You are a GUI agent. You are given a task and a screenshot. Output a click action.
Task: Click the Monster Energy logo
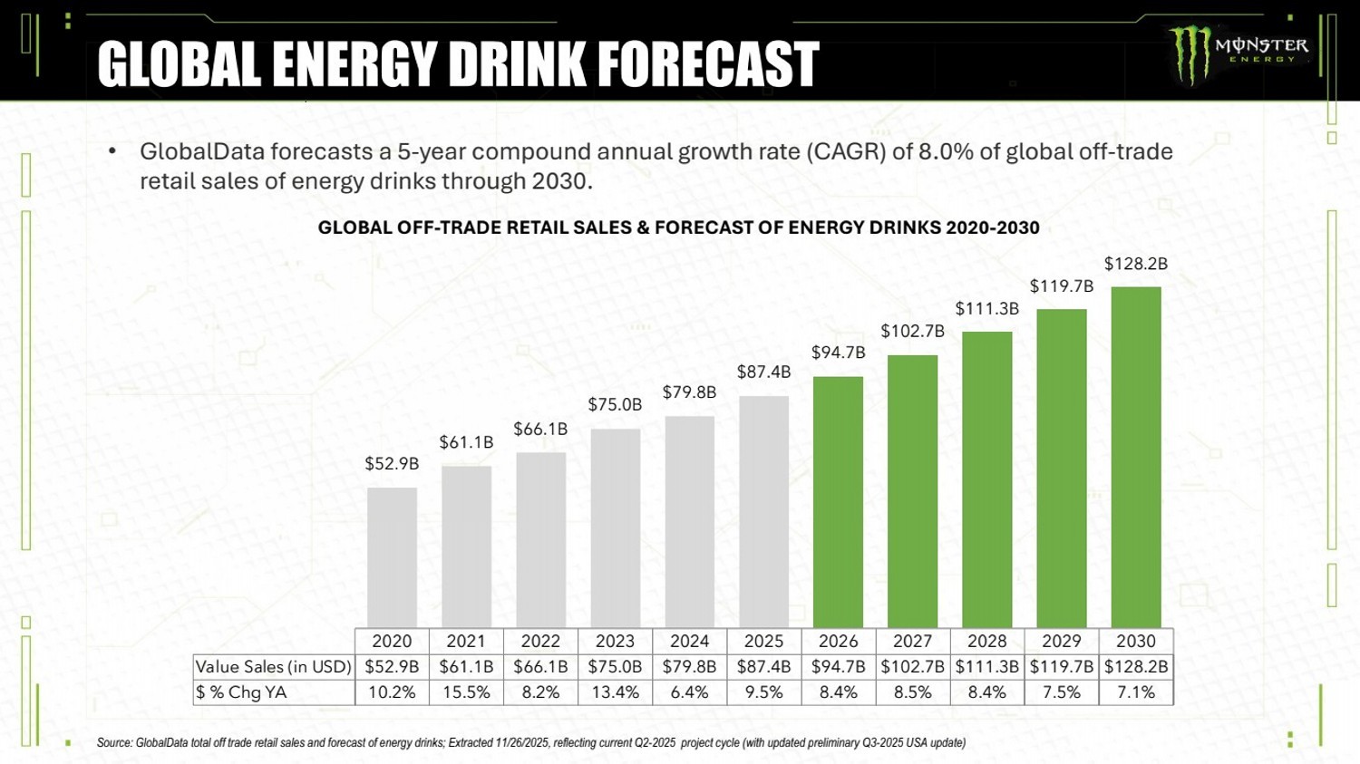click(1238, 53)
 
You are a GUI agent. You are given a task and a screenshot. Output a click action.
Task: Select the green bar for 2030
click(1136, 457)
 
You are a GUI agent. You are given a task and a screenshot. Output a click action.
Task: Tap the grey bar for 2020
click(392, 556)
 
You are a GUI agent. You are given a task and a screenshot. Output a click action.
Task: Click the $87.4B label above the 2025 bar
click(763, 372)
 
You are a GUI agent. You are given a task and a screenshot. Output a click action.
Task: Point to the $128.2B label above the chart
click(1135, 264)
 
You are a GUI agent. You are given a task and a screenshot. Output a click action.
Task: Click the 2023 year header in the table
click(615, 641)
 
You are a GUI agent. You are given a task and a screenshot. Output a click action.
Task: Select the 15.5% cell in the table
click(466, 692)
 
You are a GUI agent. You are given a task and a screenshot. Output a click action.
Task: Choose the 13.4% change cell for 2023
click(615, 692)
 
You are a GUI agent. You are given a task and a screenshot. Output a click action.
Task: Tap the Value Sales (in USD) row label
click(273, 667)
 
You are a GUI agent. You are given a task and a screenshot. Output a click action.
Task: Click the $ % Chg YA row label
click(241, 692)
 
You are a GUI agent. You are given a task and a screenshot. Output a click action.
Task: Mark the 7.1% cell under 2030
click(1136, 692)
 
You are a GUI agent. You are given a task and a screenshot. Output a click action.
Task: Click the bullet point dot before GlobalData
click(112, 151)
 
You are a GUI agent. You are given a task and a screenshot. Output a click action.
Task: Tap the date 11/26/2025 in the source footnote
click(521, 743)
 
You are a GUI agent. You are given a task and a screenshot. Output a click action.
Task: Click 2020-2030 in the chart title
click(992, 227)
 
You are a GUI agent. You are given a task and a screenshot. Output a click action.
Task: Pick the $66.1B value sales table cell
click(540, 667)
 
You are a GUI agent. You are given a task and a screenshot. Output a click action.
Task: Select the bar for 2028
click(986, 479)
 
